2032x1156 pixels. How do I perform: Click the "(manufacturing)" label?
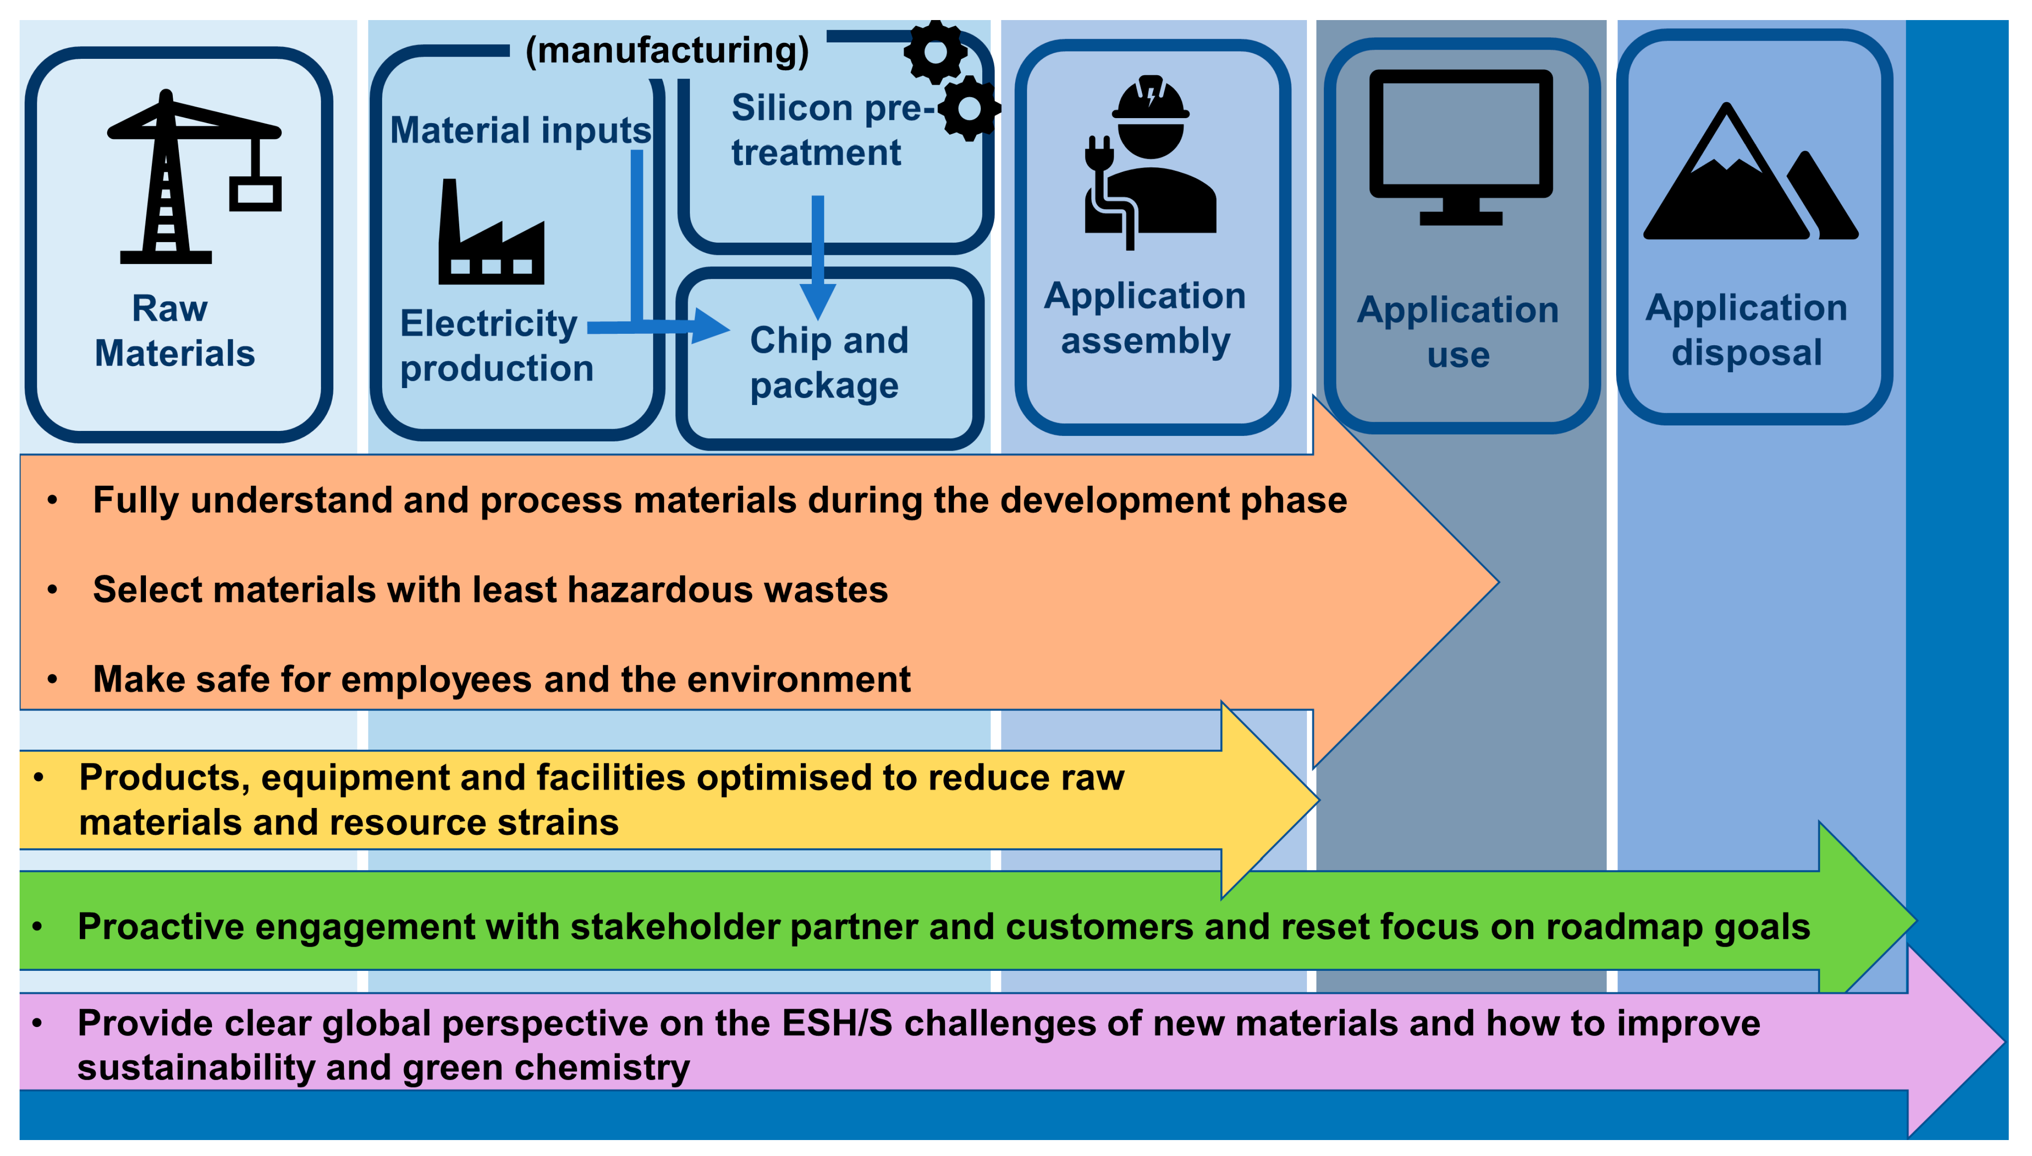click(x=667, y=51)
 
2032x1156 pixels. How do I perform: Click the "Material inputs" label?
click(x=520, y=130)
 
